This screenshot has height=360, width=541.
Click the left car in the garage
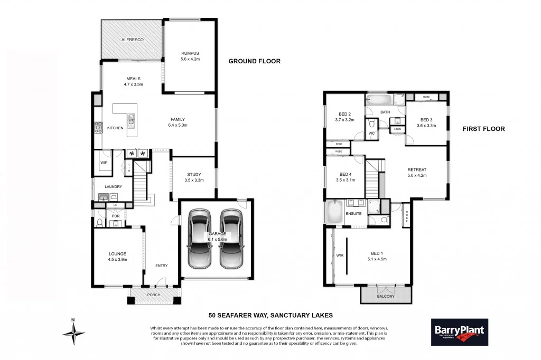pyautogui.click(x=201, y=238)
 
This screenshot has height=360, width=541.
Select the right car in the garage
pyautogui.click(x=231, y=238)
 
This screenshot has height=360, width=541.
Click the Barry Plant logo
pyautogui.click(x=459, y=332)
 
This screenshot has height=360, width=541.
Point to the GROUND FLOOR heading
pyautogui.click(x=254, y=61)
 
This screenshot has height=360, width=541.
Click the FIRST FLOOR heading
pyautogui.click(x=483, y=129)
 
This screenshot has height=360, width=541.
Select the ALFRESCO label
pyautogui.click(x=133, y=40)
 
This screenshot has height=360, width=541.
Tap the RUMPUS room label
pyautogui.click(x=190, y=53)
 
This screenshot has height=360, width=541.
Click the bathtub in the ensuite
pyautogui.click(x=335, y=212)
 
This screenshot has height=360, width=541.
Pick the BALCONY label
pyautogui.click(x=386, y=296)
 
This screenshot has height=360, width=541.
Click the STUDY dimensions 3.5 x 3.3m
pyautogui.click(x=194, y=181)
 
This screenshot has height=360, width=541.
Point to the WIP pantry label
pyautogui.click(x=104, y=163)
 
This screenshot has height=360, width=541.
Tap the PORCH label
pyautogui.click(x=154, y=295)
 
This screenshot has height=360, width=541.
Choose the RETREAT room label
pyautogui.click(x=417, y=169)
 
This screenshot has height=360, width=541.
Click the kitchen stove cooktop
pyautogui.click(x=98, y=127)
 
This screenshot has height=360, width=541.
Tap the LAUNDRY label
pyautogui.click(x=113, y=186)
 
